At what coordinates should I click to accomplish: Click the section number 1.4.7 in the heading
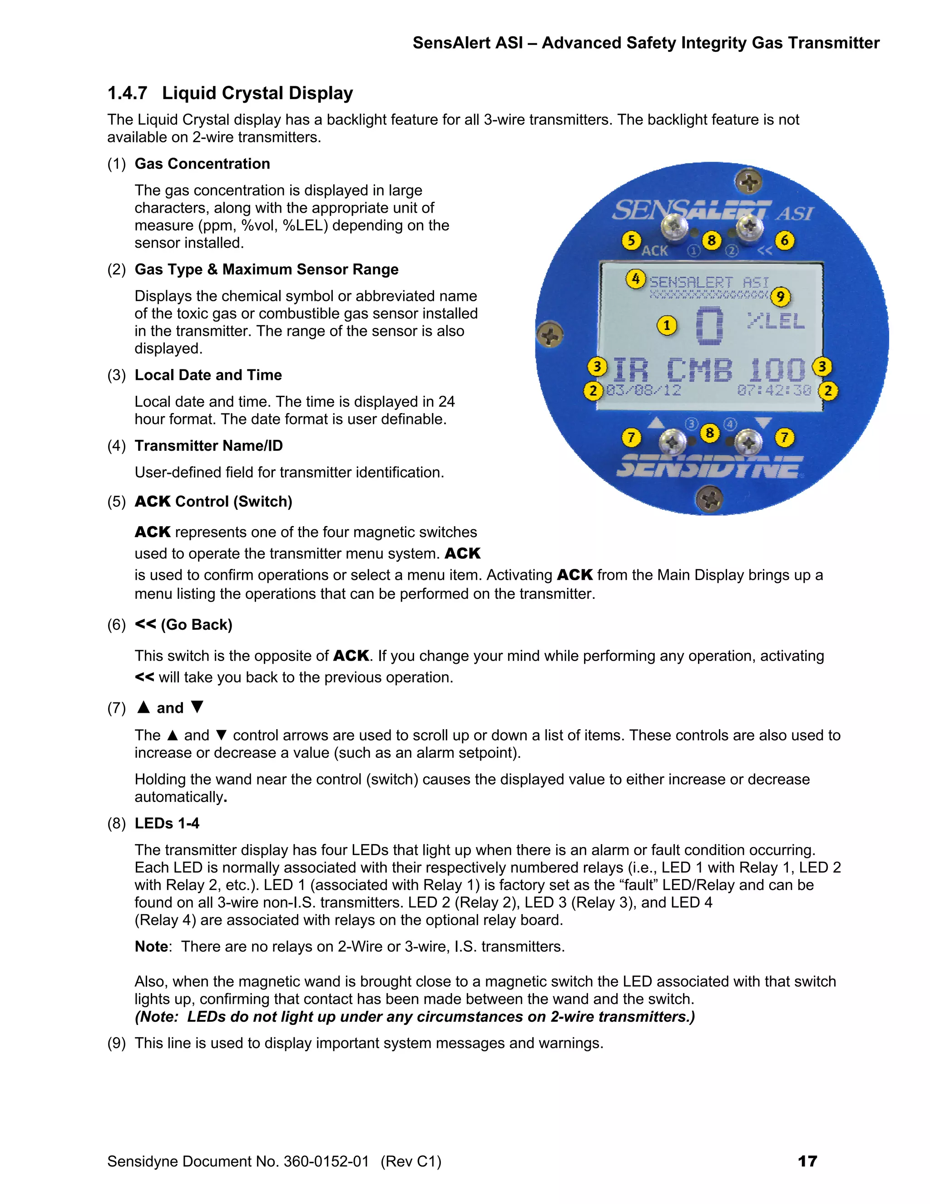[x=127, y=93]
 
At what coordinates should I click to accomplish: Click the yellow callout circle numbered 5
[x=631, y=240]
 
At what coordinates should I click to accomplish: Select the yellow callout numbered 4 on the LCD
[x=635, y=279]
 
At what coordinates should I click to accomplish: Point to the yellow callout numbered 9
[x=780, y=297]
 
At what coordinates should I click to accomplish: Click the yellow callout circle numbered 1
[x=667, y=325]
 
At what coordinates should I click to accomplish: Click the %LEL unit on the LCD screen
[x=776, y=320]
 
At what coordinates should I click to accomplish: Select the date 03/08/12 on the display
[x=643, y=390]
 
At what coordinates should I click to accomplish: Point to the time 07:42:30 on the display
[x=774, y=390]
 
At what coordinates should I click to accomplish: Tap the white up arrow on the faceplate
[x=656, y=423]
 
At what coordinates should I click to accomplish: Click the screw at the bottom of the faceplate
[x=709, y=499]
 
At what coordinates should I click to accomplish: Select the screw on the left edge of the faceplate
[x=550, y=335]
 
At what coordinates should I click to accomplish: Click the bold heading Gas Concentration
[x=202, y=164]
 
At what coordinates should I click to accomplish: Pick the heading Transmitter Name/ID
[x=208, y=445]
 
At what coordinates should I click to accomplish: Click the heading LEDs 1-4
[x=167, y=823]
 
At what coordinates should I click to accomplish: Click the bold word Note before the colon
[x=151, y=946]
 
